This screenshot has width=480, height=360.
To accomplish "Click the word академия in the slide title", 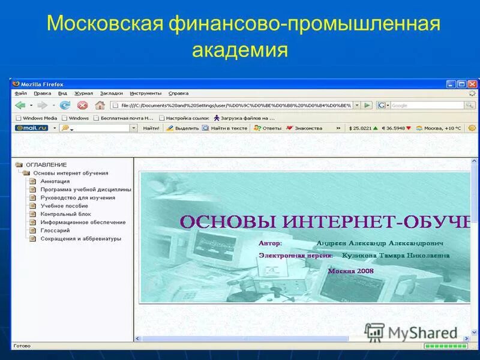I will pos(240,50).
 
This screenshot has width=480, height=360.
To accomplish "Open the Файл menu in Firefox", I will pos(21,93).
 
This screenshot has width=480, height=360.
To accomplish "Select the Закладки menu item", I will pos(112,93).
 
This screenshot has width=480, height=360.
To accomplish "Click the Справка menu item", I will pos(178,93).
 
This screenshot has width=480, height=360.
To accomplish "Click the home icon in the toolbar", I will pos(100,105).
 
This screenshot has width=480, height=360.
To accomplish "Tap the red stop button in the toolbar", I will pos(82,105).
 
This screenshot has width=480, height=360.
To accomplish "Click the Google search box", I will pos(426,105).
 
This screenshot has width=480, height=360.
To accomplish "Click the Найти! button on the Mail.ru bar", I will pos(151,128).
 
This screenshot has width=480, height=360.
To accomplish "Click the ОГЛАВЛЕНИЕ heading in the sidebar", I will pos(46,164).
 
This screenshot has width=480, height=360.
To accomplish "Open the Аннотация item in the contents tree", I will pos(55,181).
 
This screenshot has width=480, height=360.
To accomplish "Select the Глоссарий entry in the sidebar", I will pos(55,230).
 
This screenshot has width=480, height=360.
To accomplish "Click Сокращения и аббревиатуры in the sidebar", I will pos(80,238).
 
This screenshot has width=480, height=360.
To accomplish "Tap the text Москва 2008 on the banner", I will pos(350,271).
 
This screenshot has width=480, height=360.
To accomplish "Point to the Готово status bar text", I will pos(22,346).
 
